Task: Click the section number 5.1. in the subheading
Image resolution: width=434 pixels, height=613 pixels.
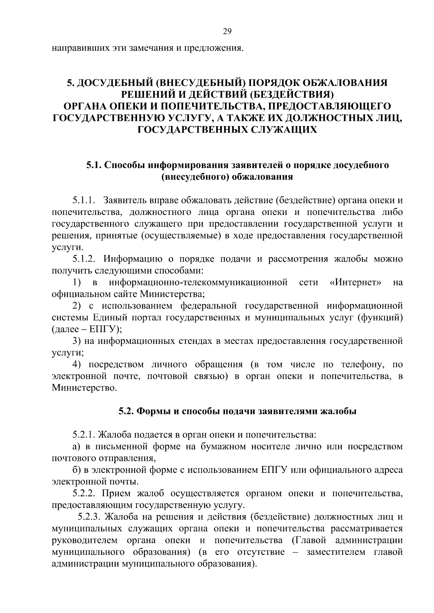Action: [x=93, y=165]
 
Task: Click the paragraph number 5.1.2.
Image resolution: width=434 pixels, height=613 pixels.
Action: [x=84, y=259]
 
